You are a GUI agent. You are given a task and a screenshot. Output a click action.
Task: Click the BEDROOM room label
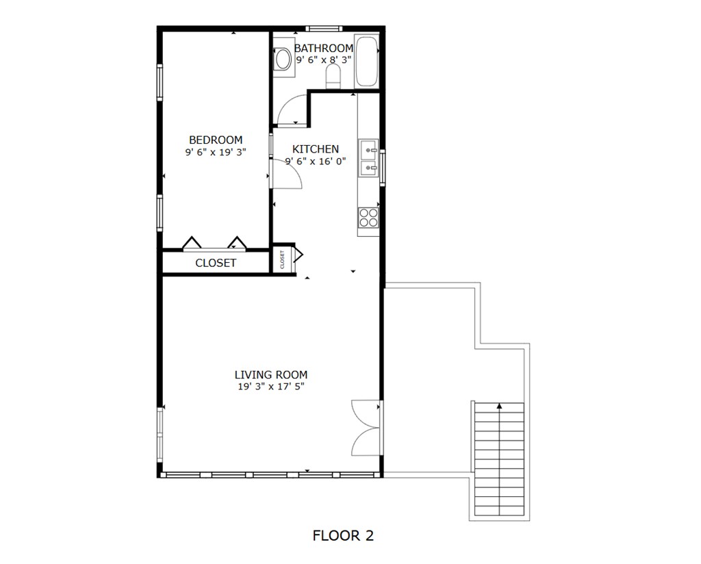216,140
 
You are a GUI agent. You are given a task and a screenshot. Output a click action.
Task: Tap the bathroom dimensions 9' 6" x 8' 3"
324,60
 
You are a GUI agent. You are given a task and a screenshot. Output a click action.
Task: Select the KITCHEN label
316,149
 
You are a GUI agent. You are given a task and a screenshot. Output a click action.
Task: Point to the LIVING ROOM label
271,374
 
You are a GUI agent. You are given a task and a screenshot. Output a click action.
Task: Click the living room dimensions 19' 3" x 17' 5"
271,387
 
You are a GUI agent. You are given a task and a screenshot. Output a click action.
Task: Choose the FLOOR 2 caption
343,535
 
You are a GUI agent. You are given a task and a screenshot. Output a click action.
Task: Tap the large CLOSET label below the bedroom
216,263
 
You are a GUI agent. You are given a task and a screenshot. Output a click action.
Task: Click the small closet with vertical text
283,259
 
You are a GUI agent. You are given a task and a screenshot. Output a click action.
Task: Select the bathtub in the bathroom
366,61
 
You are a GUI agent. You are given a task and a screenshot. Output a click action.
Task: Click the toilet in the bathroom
333,77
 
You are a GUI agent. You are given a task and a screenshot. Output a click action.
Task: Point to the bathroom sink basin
283,59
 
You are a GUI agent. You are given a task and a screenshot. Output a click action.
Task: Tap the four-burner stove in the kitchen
368,218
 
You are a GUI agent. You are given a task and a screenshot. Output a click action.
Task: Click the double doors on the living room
366,428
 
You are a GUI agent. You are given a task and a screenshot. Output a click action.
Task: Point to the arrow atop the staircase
499,406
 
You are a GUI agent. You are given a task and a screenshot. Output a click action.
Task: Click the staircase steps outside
499,459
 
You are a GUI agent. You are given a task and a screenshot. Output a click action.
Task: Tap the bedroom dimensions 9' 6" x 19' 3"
216,152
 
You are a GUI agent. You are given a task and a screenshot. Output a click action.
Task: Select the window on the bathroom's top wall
323,29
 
